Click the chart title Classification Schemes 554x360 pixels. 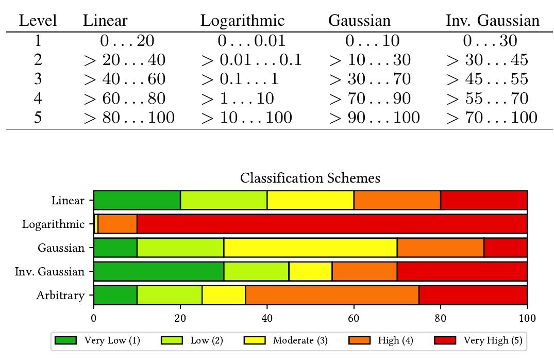[x=310, y=178]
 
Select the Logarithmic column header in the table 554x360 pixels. [x=242, y=21]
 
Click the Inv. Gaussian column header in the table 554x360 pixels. [x=492, y=21]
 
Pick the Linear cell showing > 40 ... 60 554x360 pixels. [x=124, y=79]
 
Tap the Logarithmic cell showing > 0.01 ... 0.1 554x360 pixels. [x=251, y=60]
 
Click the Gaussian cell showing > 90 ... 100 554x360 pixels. [x=374, y=118]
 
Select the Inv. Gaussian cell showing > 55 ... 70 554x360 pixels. [x=487, y=98]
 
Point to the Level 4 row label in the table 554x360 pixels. [x=38, y=98]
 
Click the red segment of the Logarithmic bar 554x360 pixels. [x=332, y=224]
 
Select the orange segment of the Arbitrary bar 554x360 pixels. [x=332, y=296]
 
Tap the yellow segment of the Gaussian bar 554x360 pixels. [x=310, y=248]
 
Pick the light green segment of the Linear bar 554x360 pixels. [x=224, y=201]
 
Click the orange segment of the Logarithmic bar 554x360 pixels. [x=117, y=224]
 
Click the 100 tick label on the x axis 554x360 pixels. [x=527, y=318]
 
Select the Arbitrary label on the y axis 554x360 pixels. [x=60, y=296]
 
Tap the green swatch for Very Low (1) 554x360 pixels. [x=65, y=340]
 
